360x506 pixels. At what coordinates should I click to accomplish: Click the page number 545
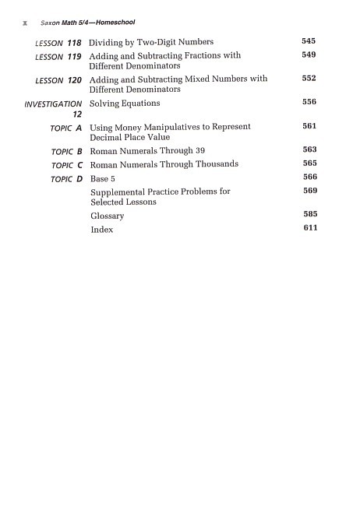[x=309, y=40]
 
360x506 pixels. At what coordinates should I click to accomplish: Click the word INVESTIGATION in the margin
[x=53, y=104]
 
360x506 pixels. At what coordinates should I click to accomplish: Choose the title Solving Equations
[x=125, y=104]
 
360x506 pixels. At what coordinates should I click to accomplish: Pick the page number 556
[x=309, y=102]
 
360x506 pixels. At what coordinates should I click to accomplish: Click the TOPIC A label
[x=66, y=128]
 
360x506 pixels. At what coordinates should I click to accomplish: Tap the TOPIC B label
[x=66, y=151]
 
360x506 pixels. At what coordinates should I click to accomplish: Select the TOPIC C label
[x=66, y=165]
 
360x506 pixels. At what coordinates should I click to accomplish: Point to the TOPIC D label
[x=66, y=179]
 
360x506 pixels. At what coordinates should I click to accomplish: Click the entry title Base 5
[x=105, y=178]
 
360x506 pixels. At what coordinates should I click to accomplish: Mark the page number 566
[x=309, y=177]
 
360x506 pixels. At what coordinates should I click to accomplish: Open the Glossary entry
[x=108, y=216]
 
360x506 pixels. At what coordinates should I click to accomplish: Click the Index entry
[x=101, y=230]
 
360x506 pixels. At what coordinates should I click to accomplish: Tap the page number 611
[x=309, y=228]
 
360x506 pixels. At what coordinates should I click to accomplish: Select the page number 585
[x=309, y=214]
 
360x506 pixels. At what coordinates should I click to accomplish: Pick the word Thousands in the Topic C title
[x=214, y=164]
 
